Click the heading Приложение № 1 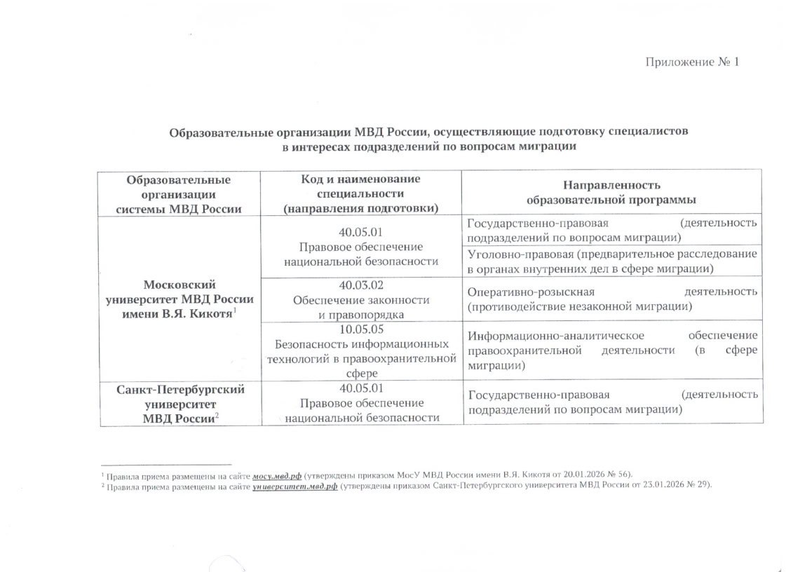[x=692, y=62]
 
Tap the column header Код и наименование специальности [x=360, y=193]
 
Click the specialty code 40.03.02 [x=360, y=286]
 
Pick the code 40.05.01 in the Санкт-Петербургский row [x=360, y=389]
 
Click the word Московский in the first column [x=179, y=285]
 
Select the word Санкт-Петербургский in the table [x=179, y=389]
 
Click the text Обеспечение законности [x=360, y=300]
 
